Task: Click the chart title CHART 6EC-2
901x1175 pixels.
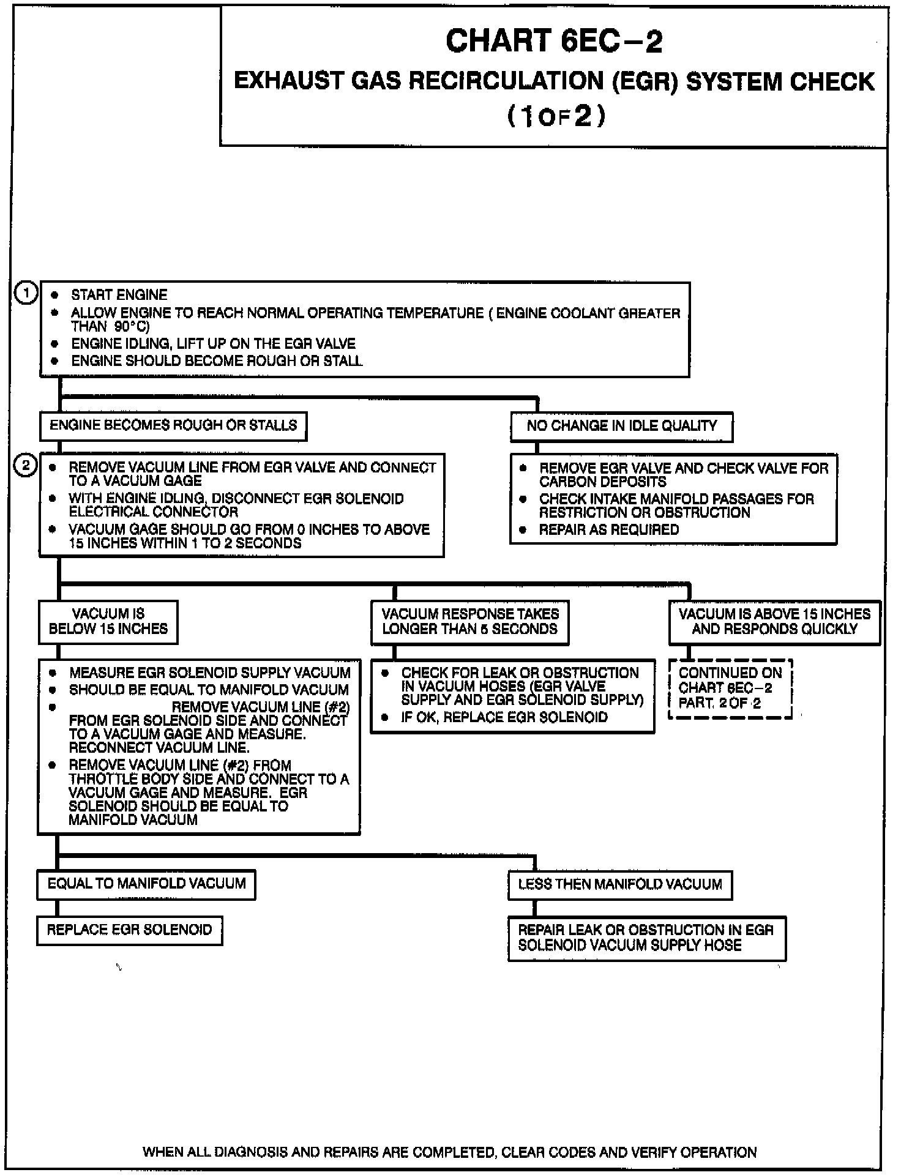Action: click(554, 42)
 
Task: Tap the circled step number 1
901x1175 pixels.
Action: click(26, 294)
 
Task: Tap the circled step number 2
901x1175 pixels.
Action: click(26, 466)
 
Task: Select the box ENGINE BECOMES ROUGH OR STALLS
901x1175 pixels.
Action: click(173, 426)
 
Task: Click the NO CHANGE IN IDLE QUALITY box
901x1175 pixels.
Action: click(621, 427)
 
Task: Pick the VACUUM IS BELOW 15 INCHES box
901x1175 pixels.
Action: click(108, 622)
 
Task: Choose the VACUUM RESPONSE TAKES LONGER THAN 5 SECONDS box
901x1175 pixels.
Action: click(469, 622)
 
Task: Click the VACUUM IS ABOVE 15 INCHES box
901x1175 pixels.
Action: click(774, 622)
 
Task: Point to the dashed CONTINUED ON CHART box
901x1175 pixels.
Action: click(730, 688)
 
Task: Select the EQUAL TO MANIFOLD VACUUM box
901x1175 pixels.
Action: click(146, 884)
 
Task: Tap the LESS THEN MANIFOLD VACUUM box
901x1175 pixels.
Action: click(620, 885)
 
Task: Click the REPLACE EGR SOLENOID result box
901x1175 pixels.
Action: click(129, 930)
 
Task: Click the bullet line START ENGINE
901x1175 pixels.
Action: click(119, 295)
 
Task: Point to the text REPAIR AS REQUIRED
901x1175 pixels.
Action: click(608, 530)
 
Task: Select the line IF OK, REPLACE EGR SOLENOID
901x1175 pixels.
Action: click(504, 717)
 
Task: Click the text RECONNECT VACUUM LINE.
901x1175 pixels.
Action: click(159, 748)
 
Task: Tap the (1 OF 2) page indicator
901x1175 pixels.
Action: click(556, 116)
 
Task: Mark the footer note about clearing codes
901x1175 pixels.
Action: click(450, 1152)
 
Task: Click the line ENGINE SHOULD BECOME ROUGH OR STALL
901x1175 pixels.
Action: click(217, 361)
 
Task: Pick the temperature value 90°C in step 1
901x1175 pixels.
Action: click(131, 327)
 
